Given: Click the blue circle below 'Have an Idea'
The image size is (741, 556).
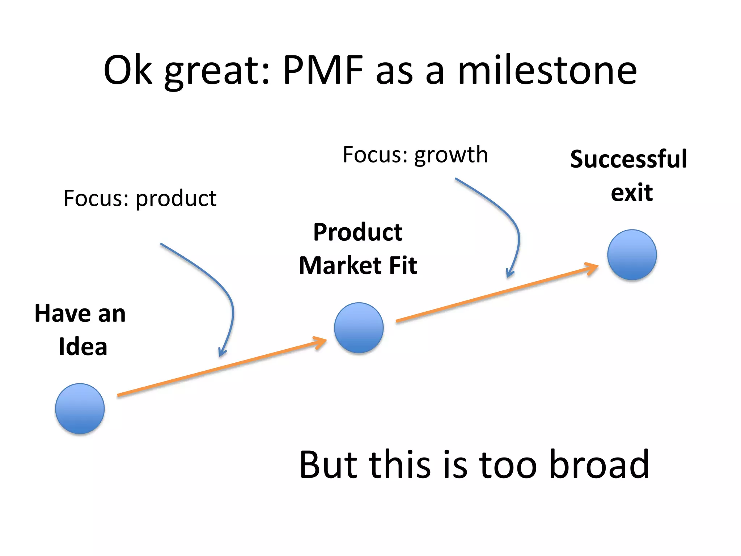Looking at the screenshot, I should coord(80,408).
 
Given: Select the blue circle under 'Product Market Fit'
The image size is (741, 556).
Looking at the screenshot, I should coord(359,328).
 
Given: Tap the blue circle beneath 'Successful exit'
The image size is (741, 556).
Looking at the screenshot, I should coord(632,254).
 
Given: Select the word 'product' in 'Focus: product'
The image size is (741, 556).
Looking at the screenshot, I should coord(176,199).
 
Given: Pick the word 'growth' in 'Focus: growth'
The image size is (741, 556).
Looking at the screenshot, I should coord(451,155).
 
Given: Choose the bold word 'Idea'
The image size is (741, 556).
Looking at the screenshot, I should coord(83,346).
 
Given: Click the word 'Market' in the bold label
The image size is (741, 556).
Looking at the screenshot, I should coord(340,265).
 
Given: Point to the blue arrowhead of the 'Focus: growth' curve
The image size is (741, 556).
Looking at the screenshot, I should coord(510,273).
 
